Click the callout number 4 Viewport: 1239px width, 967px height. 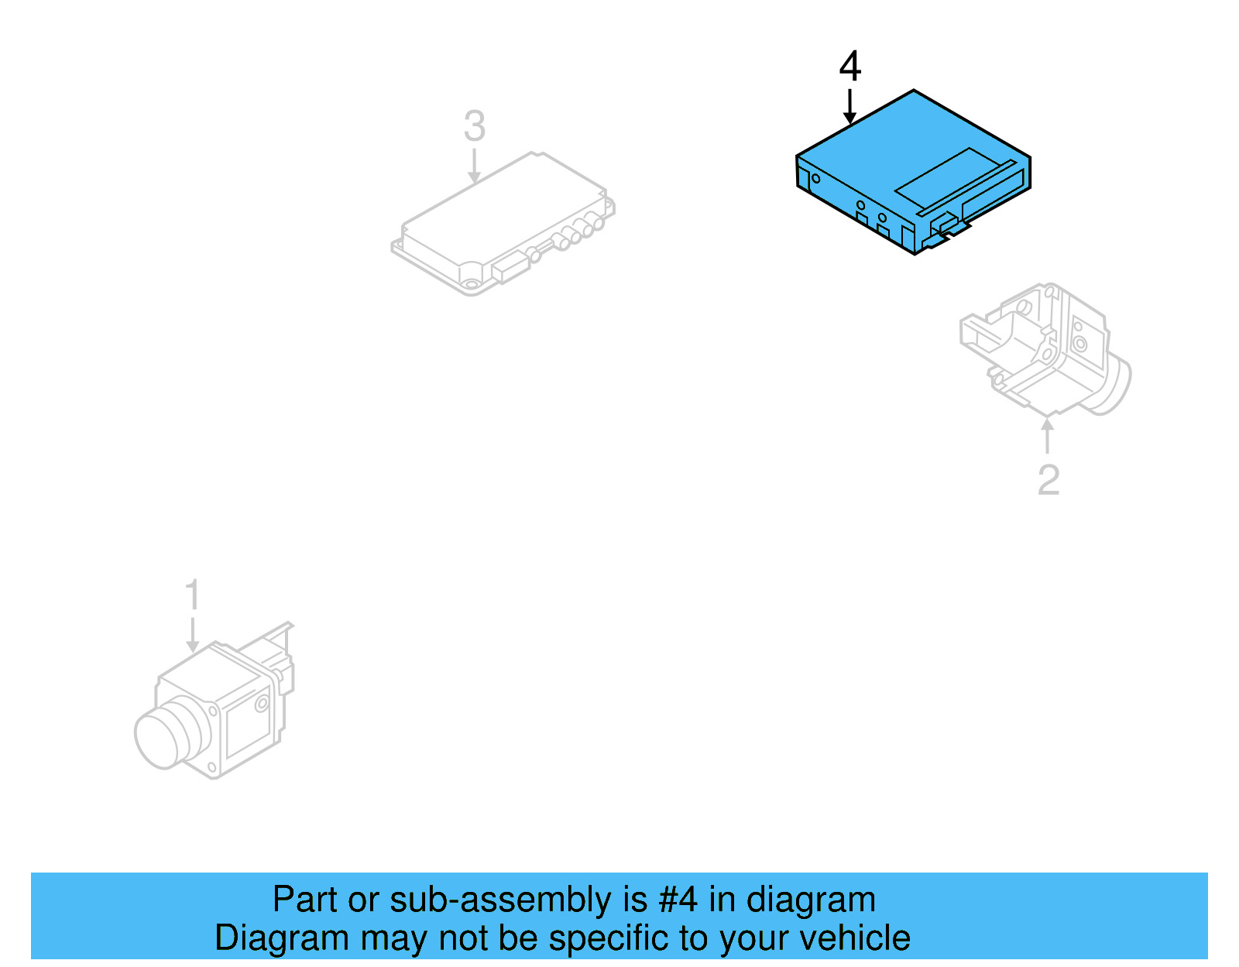(x=849, y=67)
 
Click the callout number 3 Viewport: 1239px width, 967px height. (x=474, y=126)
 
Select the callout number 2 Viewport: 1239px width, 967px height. (x=1048, y=480)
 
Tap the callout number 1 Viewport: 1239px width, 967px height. (x=192, y=595)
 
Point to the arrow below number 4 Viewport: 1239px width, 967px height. (x=849, y=106)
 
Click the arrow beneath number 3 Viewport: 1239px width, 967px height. (x=474, y=166)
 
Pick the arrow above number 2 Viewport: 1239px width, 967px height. (x=1048, y=435)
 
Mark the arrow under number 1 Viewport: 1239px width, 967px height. (x=192, y=634)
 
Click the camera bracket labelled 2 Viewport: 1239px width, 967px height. (x=1038, y=348)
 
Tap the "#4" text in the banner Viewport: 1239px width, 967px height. (x=678, y=900)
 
